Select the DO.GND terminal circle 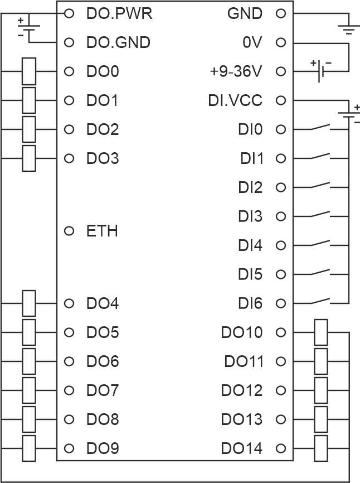pos(69,42)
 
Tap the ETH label pos(102,231)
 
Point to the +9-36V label pos(236,71)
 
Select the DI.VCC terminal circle pos(281,100)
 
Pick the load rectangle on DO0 pos(29,71)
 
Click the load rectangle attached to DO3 pos(29,158)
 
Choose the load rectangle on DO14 pos(320,448)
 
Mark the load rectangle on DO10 pos(320,332)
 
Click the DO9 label pos(102,448)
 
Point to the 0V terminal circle pos(281,42)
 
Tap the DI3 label pos(250,216)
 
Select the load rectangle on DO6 pos(29,361)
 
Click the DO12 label pos(241,390)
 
